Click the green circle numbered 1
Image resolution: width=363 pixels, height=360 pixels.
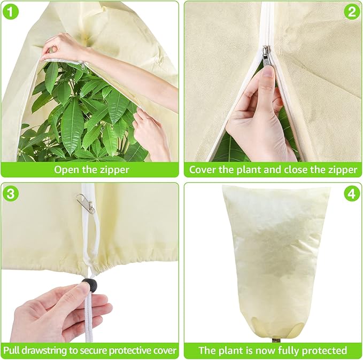click(x=11, y=12)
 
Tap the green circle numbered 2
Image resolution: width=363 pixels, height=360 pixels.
click(x=351, y=12)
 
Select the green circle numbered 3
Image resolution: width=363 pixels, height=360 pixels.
click(x=11, y=193)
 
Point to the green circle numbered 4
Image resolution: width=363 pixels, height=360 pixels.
click(x=351, y=193)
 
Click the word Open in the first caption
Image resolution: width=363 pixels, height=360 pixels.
click(x=66, y=170)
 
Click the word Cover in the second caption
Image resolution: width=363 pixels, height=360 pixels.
click(x=203, y=170)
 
